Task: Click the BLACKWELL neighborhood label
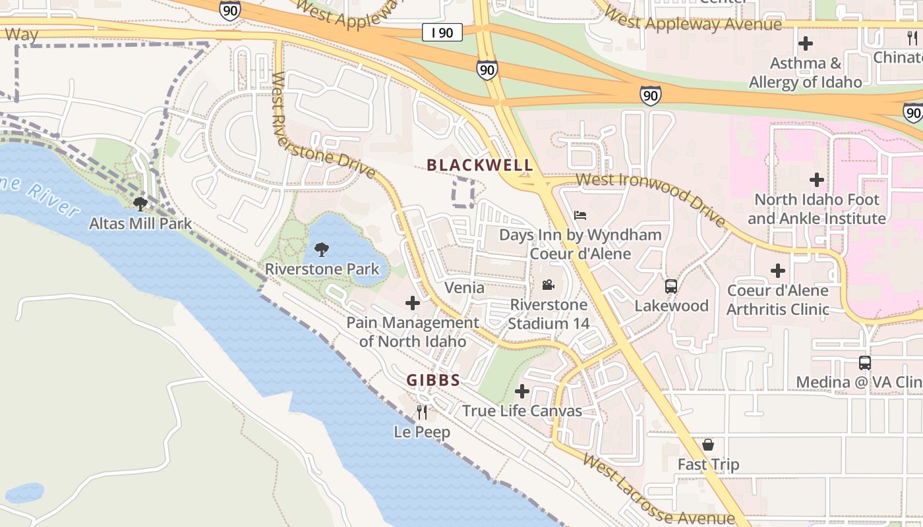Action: (479, 165)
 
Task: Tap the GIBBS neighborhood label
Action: (433, 380)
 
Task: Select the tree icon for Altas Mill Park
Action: (140, 204)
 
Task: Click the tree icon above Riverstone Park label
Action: (322, 250)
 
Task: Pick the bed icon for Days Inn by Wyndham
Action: (580, 215)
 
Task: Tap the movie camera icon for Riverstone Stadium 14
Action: (548, 285)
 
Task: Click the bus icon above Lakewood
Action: (671, 287)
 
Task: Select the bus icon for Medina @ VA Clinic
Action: (864, 363)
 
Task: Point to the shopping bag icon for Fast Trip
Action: (708, 445)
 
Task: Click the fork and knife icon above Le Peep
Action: (422, 412)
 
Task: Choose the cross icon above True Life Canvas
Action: (522, 392)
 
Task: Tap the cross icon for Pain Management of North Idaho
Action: (413, 303)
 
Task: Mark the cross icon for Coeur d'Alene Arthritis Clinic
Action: (778, 271)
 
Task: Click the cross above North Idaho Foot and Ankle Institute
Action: (817, 180)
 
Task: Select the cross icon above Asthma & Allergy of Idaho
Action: (805, 44)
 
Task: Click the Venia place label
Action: (464, 288)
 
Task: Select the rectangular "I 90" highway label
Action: (442, 32)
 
